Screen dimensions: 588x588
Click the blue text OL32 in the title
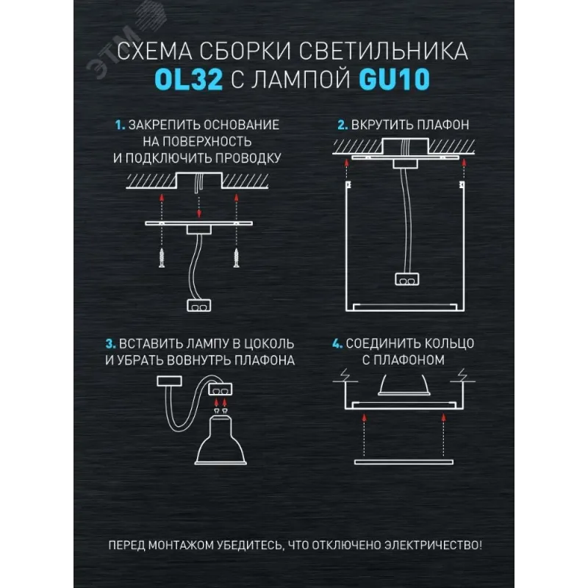click(189, 79)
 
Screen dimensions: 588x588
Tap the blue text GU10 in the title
click(395, 79)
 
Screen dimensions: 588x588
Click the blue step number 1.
click(120, 125)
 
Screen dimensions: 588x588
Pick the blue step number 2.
click(343, 125)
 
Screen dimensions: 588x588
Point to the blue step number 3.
click(111, 344)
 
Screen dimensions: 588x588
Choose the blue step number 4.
click(337, 343)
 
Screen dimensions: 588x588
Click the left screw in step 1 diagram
click(162, 258)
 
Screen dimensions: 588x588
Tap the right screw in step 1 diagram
click(236, 258)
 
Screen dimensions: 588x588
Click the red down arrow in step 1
click(199, 207)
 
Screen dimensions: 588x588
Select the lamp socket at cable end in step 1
click(198, 306)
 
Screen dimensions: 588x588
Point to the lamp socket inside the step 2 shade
click(407, 279)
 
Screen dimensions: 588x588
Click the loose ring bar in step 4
click(404, 462)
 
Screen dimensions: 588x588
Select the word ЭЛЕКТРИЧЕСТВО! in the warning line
click(433, 545)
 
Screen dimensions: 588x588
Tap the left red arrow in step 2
click(346, 170)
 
